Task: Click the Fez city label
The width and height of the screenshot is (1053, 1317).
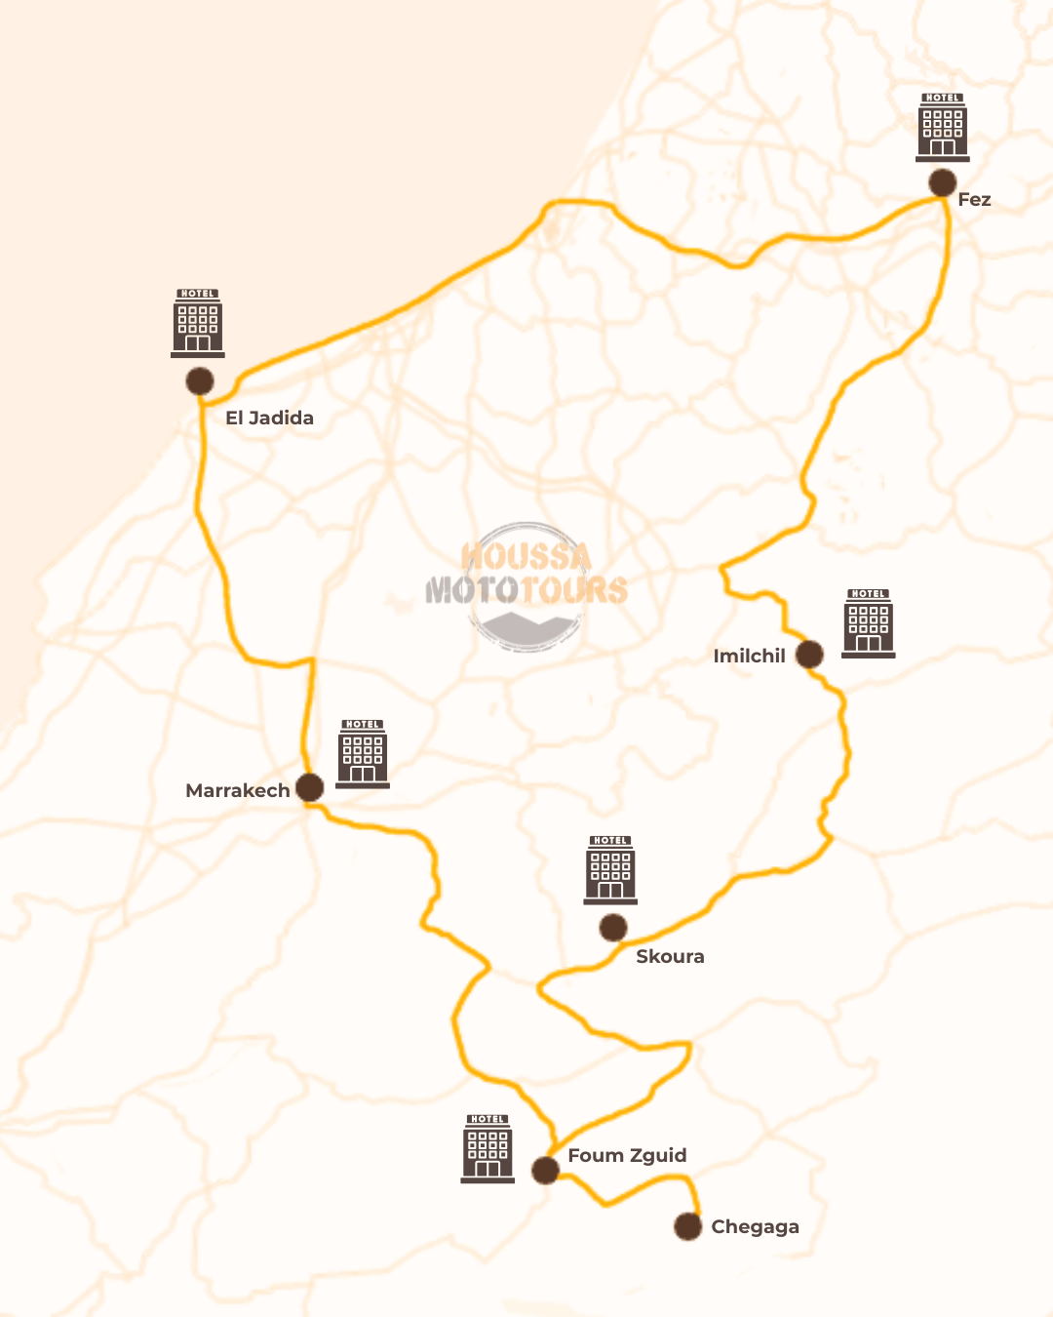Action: click(974, 200)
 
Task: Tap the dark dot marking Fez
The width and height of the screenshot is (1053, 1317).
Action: click(942, 182)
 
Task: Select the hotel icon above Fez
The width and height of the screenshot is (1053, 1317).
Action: click(943, 128)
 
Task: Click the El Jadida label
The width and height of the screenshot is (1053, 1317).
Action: click(269, 418)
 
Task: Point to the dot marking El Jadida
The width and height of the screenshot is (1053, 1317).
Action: click(200, 380)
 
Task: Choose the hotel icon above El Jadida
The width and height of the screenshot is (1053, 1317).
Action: click(198, 323)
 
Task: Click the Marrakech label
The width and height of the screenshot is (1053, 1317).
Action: click(237, 790)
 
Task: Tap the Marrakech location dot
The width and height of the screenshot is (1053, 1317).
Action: click(309, 787)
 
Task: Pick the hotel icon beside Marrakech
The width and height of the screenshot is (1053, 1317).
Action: click(363, 753)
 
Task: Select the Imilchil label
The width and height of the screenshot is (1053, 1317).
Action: click(749, 656)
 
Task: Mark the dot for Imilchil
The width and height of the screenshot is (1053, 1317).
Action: click(809, 654)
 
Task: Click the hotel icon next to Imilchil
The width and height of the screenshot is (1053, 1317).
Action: click(868, 623)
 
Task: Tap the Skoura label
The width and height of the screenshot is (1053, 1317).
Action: click(670, 956)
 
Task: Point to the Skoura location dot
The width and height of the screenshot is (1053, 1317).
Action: click(612, 928)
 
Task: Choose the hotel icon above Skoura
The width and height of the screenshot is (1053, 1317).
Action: click(610, 869)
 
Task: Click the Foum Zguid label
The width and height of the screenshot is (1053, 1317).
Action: click(627, 1155)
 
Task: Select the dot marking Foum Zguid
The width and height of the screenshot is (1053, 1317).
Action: click(545, 1170)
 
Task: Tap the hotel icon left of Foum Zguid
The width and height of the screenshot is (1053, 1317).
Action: click(487, 1148)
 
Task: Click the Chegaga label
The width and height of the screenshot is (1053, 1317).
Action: click(755, 1226)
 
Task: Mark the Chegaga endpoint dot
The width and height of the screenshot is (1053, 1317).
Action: click(687, 1226)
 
